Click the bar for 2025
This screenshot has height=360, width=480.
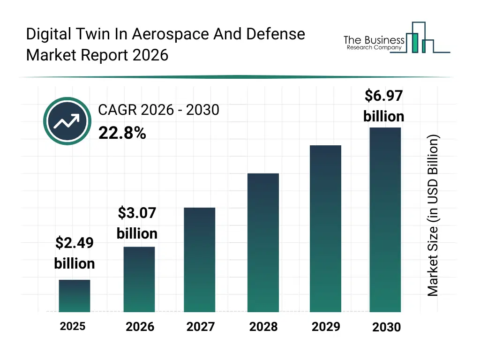click(x=75, y=296)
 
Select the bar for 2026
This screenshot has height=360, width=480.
click(x=139, y=279)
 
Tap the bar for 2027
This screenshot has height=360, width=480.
click(x=200, y=260)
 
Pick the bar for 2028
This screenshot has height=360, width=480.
click(x=263, y=243)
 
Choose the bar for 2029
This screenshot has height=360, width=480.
click(x=326, y=229)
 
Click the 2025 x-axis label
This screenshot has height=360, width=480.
click(x=73, y=326)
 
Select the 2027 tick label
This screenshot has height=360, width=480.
click(x=200, y=327)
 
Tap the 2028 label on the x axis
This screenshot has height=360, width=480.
click(x=263, y=327)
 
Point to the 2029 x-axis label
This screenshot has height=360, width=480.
click(x=326, y=327)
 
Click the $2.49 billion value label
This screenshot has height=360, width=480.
click(x=75, y=253)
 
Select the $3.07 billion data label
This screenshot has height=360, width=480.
click(x=137, y=223)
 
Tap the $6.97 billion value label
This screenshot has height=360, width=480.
click(x=384, y=106)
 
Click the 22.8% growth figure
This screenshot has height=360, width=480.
click(x=122, y=134)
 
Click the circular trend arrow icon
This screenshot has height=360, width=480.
click(x=67, y=121)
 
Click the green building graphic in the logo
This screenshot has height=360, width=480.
click(x=414, y=42)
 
